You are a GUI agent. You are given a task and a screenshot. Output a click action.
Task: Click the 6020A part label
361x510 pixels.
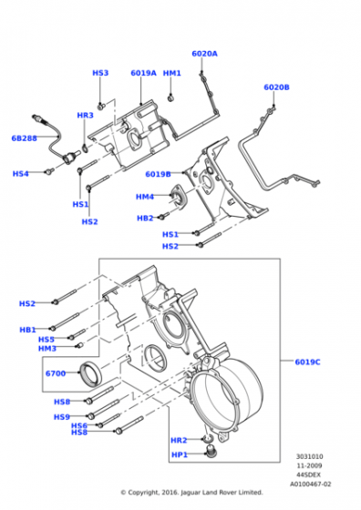pyautogui.click(x=204, y=54)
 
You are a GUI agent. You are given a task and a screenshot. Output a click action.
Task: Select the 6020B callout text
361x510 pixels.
pyautogui.click(x=276, y=87)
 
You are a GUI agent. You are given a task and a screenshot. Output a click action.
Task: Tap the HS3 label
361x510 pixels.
pyautogui.click(x=100, y=73)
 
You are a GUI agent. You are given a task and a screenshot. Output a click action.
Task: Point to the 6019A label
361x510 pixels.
pyautogui.click(x=143, y=73)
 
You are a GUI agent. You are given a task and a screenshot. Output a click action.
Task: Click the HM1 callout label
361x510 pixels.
pyautogui.click(x=172, y=73)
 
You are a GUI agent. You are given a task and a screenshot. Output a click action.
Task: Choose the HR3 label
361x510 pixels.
pyautogui.click(x=86, y=115)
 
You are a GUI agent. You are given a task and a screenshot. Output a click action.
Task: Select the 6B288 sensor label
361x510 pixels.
pyautogui.click(x=24, y=138)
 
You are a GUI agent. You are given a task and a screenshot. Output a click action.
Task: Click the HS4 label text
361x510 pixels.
pyautogui.click(x=20, y=174)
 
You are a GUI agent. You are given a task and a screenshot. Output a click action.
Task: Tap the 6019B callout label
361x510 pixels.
pyautogui.click(x=158, y=174)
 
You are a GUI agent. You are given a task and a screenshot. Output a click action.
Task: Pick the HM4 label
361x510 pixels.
pyautogui.click(x=145, y=197)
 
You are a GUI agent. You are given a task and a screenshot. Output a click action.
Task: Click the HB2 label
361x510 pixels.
pyautogui.click(x=145, y=218)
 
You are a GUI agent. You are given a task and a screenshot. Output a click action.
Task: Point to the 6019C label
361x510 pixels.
pyautogui.click(x=307, y=362)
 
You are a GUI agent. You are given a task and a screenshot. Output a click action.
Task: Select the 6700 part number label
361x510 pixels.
pyautogui.click(x=56, y=373)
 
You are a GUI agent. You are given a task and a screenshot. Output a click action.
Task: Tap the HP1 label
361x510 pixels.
pyautogui.click(x=180, y=454)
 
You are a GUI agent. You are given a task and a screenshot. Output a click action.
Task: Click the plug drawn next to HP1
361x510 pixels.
pyautogui.click(x=212, y=452)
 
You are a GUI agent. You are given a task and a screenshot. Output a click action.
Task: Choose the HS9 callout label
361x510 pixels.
pyautogui.click(x=62, y=417)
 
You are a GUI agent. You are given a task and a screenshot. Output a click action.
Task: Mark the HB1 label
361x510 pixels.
pyautogui.click(x=27, y=330)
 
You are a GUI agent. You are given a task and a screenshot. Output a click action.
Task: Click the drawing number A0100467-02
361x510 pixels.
pyautogui.click(x=310, y=484)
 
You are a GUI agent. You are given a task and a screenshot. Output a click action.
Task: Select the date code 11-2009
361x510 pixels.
pyautogui.click(x=309, y=465)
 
